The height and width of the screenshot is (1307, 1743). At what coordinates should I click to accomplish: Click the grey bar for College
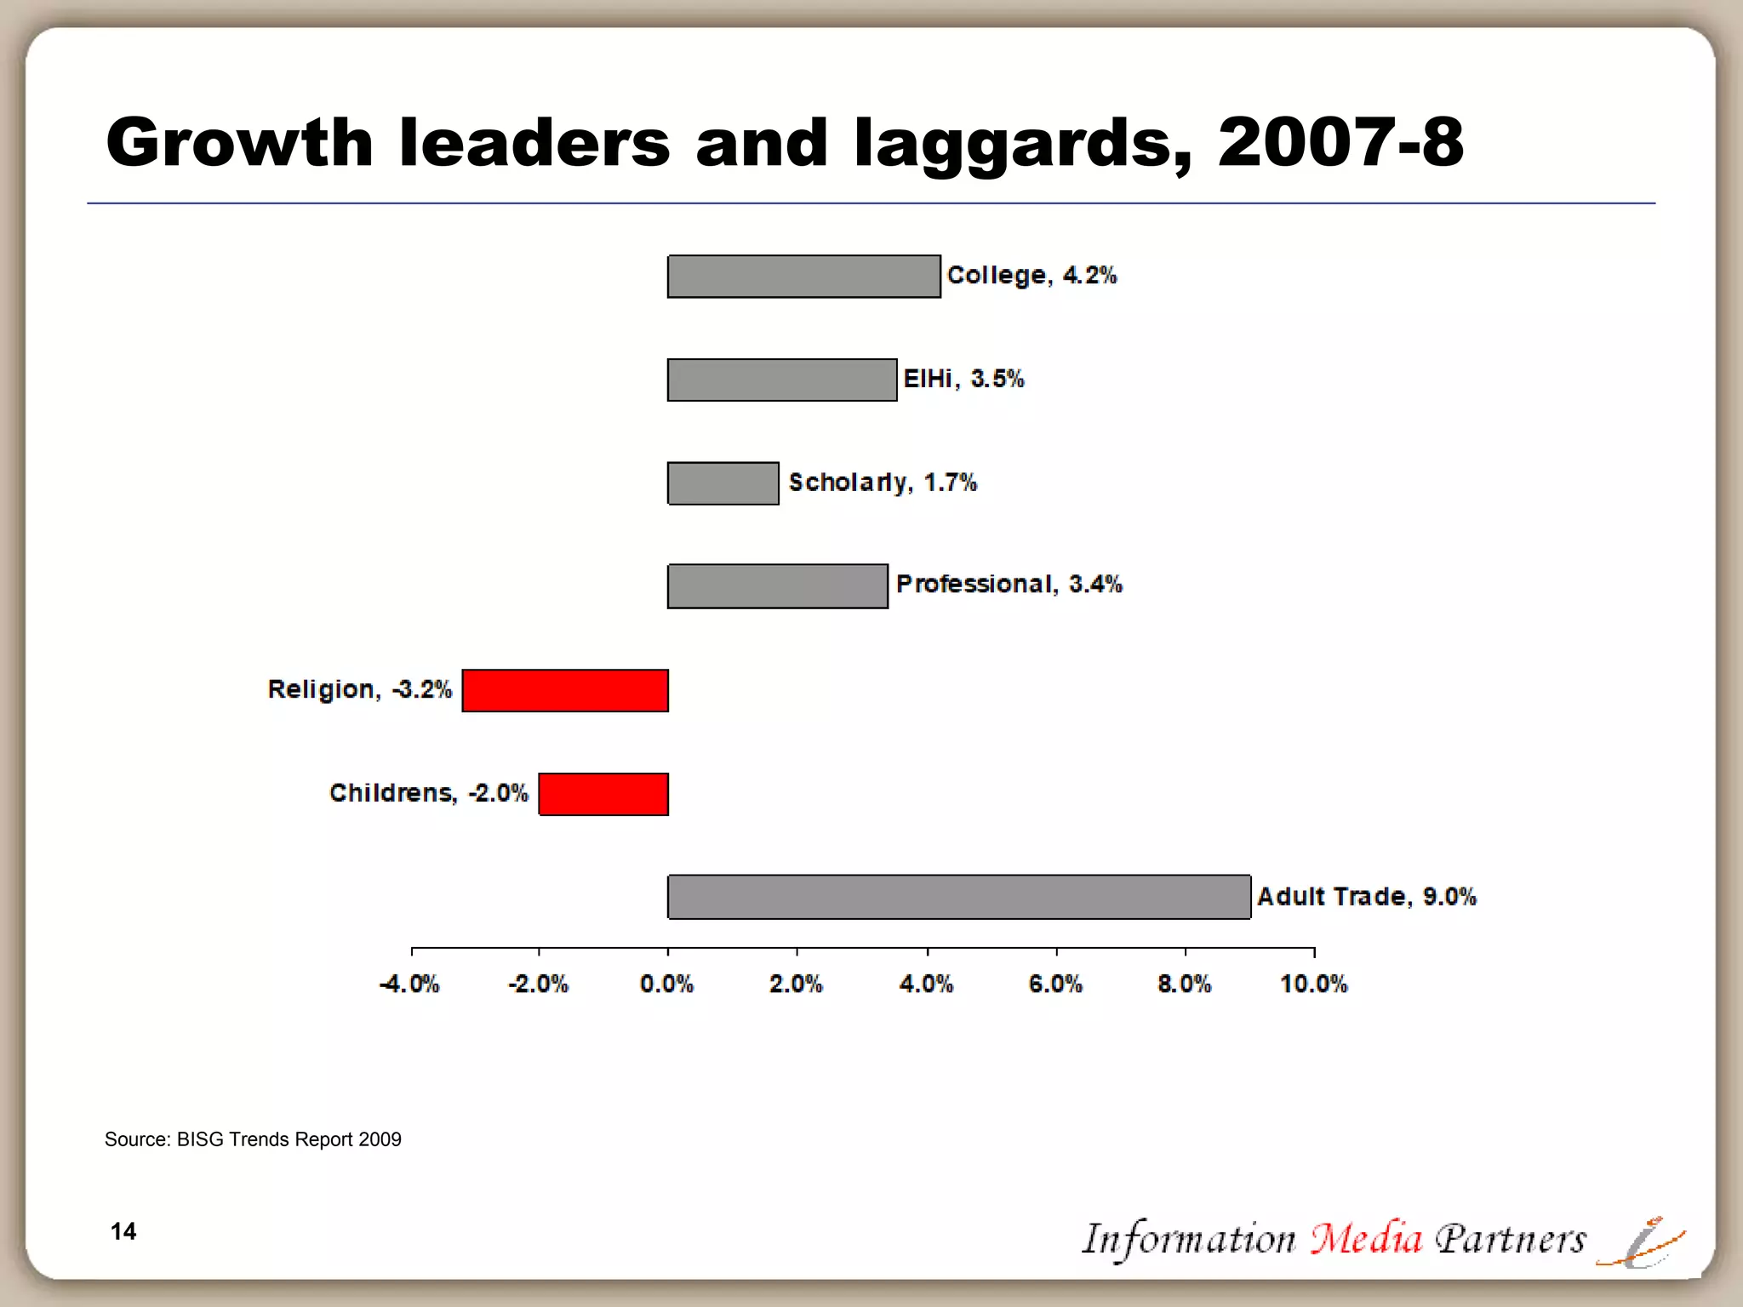tap(803, 277)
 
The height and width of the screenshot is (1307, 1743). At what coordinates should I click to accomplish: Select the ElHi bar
tap(781, 380)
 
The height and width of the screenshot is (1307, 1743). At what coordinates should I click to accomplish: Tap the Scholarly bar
tap(723, 483)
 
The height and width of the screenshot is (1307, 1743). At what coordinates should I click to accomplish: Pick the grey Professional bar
tap(777, 586)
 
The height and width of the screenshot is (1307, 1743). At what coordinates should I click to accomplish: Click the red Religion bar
tap(565, 690)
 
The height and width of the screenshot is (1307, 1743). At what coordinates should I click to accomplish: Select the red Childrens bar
tap(603, 794)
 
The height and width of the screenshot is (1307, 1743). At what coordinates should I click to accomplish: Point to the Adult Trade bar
tap(959, 897)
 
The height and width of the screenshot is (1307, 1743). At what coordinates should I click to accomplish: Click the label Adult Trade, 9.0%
tap(1366, 897)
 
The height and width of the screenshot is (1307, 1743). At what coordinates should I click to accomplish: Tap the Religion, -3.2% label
tap(359, 689)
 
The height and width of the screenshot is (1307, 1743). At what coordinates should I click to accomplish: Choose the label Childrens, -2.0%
tap(428, 793)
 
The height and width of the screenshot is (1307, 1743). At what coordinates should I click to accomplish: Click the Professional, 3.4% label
tap(1009, 585)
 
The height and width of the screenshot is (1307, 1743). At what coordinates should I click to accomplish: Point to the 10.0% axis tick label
tap(1313, 985)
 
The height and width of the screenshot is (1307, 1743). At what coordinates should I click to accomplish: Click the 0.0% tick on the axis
tap(666, 985)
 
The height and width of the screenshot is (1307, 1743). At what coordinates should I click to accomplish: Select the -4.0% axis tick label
tap(409, 985)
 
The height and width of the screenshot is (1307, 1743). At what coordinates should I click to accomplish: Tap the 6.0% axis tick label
tap(1055, 985)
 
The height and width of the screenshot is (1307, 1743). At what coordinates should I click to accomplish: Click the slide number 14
tap(123, 1231)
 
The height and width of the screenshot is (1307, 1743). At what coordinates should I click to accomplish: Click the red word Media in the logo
tap(1365, 1239)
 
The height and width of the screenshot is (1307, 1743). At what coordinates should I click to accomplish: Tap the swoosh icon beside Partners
tap(1640, 1244)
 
